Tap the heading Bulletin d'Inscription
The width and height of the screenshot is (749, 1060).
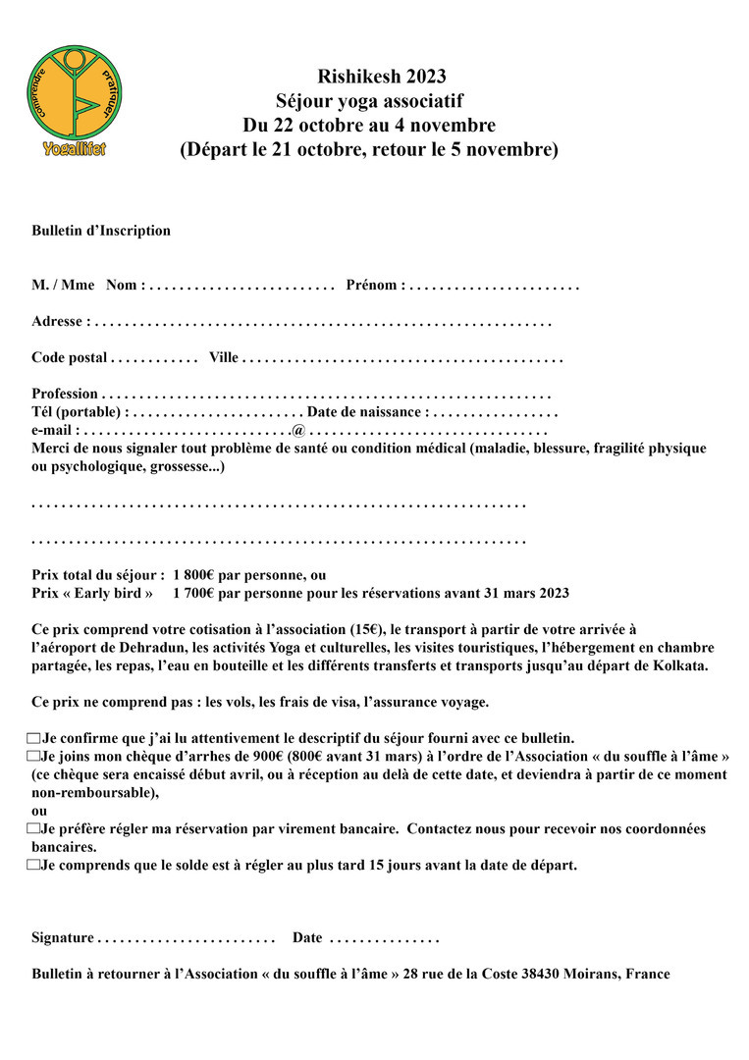[x=101, y=231]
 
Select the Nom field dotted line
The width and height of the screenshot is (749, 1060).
[x=242, y=286]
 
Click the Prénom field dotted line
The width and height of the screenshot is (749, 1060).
[x=494, y=286]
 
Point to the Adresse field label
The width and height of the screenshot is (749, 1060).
[x=61, y=321]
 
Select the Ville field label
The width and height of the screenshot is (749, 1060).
[x=223, y=357]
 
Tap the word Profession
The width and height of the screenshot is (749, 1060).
[x=65, y=394]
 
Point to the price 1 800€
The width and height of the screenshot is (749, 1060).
[x=195, y=575]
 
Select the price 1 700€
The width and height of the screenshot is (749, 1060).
[x=195, y=593]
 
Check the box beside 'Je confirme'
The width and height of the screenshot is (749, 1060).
[x=34, y=738]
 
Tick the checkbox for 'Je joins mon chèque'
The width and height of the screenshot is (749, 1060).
[x=34, y=757]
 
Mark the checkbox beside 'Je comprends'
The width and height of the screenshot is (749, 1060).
[x=34, y=866]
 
